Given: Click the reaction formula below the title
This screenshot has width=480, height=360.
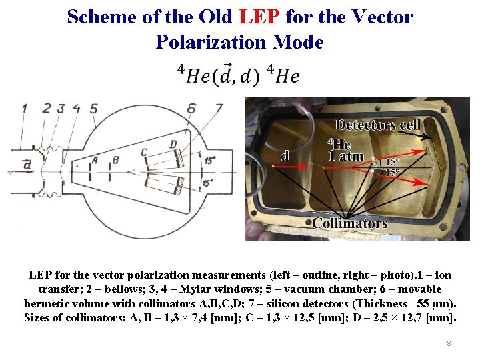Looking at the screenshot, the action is [238, 74].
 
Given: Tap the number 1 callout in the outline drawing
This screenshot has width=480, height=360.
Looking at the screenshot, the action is [25, 107].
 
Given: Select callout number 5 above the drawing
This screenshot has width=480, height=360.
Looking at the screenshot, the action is [94, 107].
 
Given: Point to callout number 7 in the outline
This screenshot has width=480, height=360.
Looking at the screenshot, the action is [218, 107].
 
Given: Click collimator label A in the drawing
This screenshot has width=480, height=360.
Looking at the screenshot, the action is [95, 160].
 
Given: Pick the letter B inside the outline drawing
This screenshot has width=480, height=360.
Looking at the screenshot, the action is [116, 160].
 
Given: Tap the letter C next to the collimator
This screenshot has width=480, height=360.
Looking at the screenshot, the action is [144, 153].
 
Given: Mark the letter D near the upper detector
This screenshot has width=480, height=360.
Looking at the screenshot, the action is [173, 143].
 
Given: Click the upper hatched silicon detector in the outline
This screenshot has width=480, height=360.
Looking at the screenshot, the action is [179, 157].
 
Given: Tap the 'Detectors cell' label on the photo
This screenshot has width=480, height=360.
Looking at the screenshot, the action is [377, 125].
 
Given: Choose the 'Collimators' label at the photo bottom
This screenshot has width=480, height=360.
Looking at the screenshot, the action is [349, 223].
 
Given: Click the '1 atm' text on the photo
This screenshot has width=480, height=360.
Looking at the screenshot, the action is [346, 156].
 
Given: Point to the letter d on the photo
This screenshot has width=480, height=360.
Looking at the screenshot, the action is [285, 156].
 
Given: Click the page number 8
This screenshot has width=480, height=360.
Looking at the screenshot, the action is [449, 343].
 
